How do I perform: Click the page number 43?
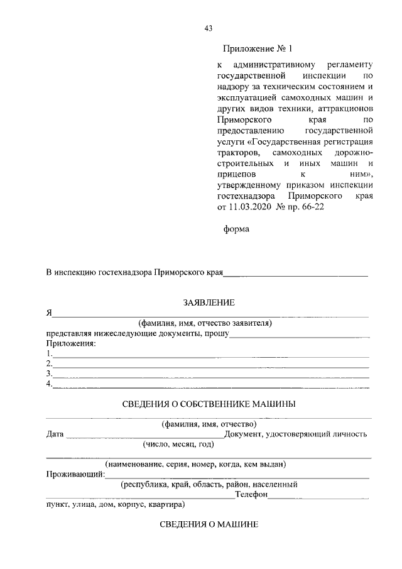(209, 28)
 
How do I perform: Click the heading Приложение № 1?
(258, 48)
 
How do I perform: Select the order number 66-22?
(314, 206)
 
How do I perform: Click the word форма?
(236, 229)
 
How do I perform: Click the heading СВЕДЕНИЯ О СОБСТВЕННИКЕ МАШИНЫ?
(209, 404)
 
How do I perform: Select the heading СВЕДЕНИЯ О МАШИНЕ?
(209, 524)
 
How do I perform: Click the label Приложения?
(70, 343)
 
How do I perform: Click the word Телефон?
(251, 495)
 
